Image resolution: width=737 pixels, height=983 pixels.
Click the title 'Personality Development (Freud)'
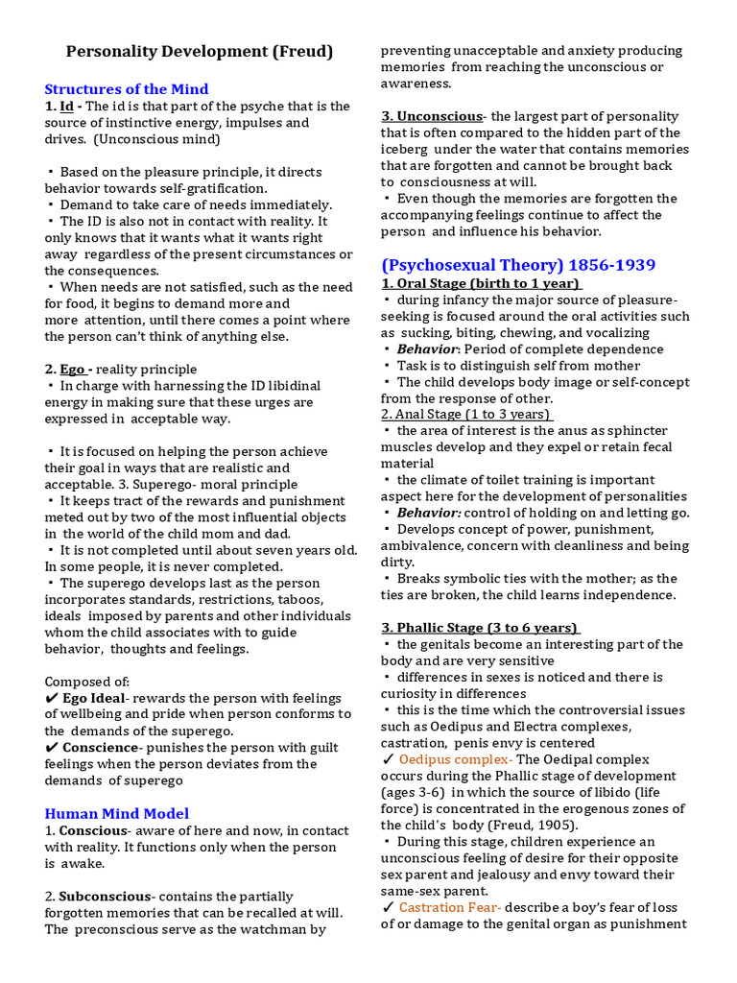199,51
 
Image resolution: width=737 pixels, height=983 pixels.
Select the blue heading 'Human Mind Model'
116,813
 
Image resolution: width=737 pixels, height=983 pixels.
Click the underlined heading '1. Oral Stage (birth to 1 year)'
481,283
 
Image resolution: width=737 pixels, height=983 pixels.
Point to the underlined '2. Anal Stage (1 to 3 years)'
466,414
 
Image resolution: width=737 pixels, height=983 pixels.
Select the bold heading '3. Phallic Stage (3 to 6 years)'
481,628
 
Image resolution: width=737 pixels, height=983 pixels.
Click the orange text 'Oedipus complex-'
456,759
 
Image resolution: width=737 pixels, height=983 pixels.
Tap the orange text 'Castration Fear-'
450,907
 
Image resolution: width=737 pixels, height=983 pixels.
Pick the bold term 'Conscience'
100,748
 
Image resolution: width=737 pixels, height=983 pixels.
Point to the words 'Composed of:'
83,682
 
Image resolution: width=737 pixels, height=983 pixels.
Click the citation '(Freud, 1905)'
534,825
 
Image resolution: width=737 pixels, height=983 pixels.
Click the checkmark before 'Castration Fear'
388,907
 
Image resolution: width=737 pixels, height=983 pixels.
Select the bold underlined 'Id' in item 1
67,107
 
